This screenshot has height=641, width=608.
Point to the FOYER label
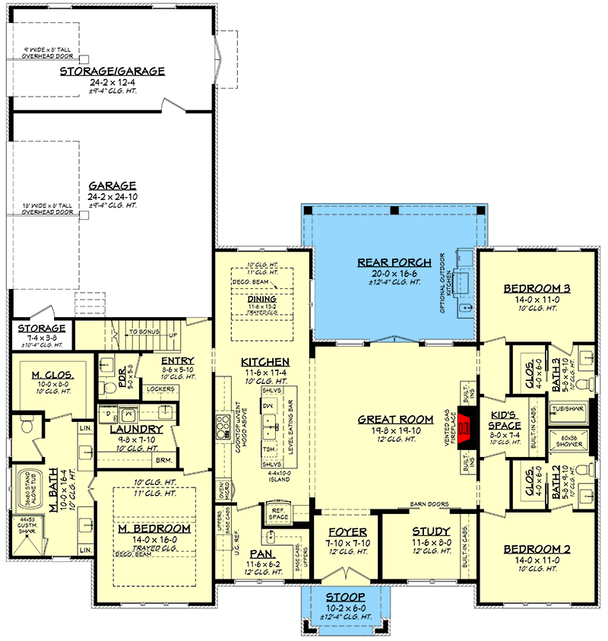346,532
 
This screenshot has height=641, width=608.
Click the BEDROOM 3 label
537,289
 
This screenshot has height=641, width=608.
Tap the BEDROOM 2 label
537,548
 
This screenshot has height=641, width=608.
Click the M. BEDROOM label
154,528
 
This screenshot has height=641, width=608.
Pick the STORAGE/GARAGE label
112,71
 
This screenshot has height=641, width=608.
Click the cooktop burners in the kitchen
224,427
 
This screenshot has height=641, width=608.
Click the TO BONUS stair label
144,332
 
